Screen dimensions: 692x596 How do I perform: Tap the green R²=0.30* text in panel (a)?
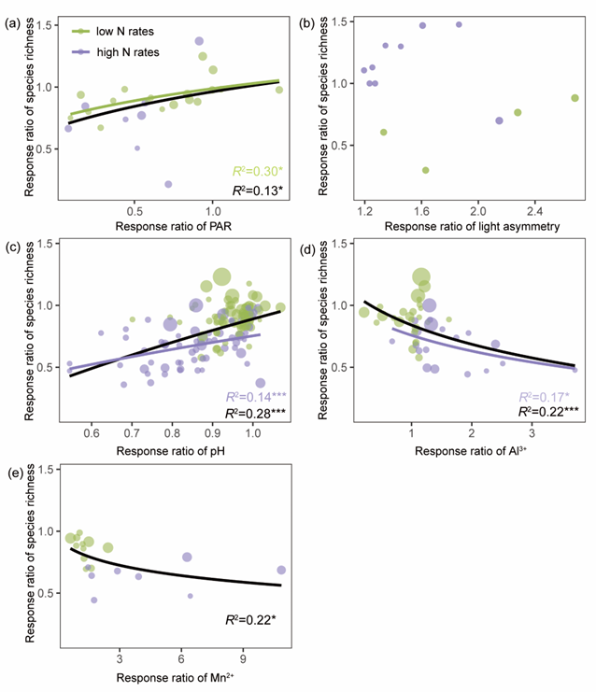256,171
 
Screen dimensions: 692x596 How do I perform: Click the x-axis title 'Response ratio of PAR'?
171,225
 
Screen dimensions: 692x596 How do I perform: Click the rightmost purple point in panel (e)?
281,570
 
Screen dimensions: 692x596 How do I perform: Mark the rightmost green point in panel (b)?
575,97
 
